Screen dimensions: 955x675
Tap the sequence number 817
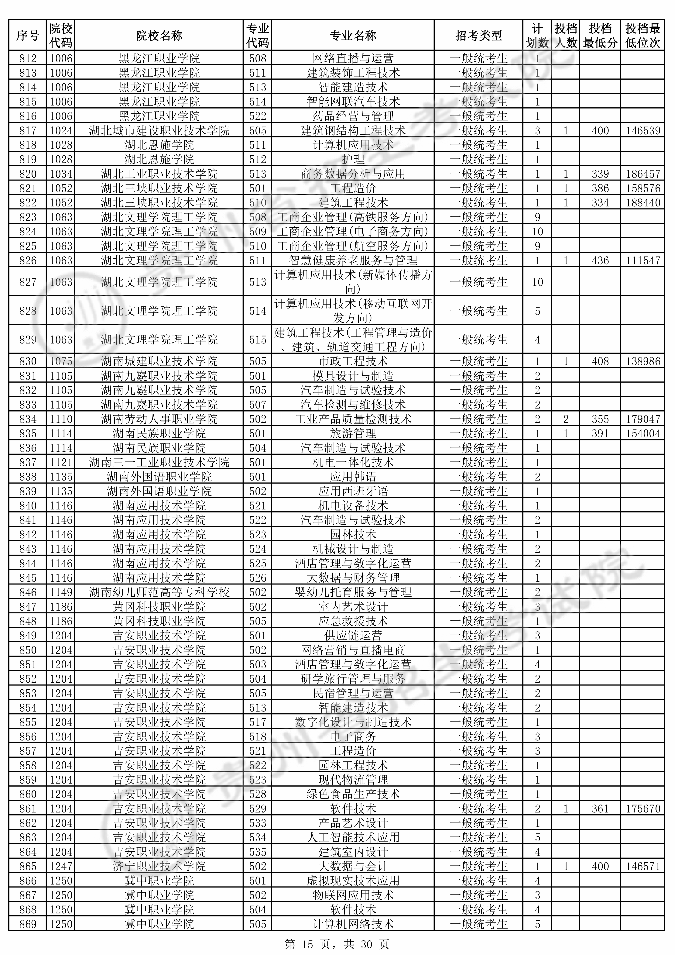[28, 131]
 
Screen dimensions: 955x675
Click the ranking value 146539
[642, 131]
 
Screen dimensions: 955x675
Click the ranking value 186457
[642, 174]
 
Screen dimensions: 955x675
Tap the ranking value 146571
[642, 866]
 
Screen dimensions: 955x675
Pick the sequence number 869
[28, 924]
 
